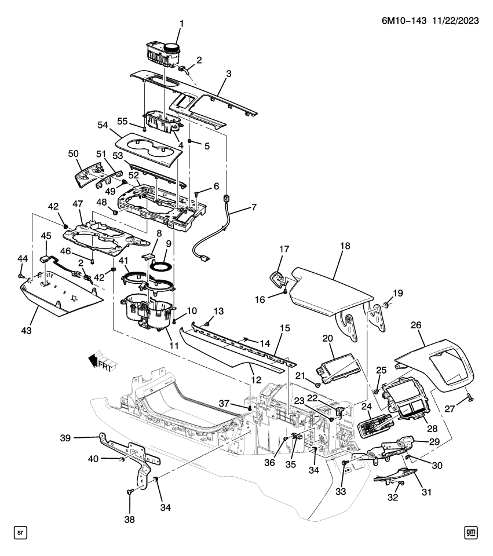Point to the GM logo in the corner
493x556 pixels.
[470, 532]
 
